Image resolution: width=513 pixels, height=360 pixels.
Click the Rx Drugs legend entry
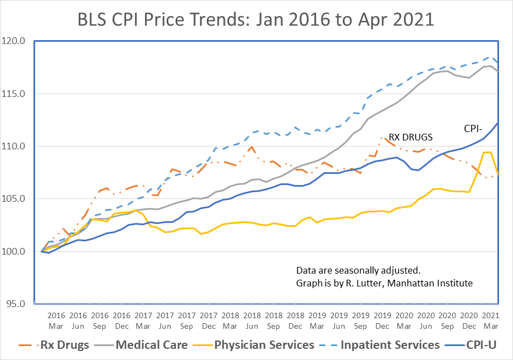(x=54, y=345)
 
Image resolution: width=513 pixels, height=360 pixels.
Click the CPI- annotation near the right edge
(x=476, y=128)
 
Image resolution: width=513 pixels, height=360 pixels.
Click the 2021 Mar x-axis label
(x=491, y=320)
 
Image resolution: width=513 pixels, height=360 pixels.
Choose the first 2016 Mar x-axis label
(x=56, y=320)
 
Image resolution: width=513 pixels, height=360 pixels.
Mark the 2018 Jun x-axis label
(x=252, y=320)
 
